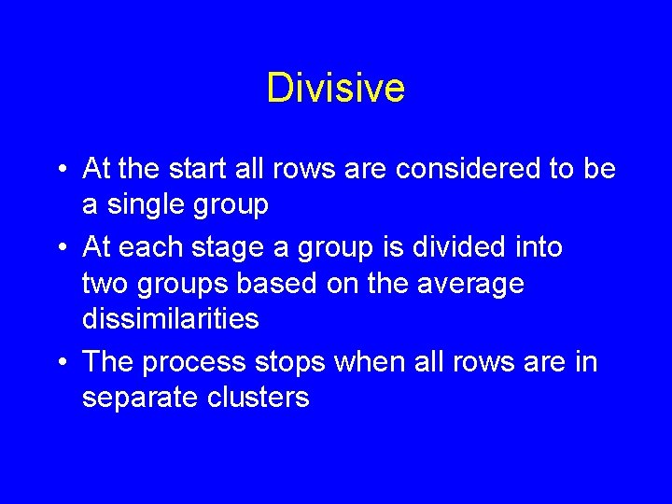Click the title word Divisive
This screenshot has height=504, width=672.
(x=335, y=88)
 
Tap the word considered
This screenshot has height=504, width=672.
(x=455, y=169)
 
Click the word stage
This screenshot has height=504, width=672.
(x=236, y=247)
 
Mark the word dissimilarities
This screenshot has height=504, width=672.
(x=170, y=318)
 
